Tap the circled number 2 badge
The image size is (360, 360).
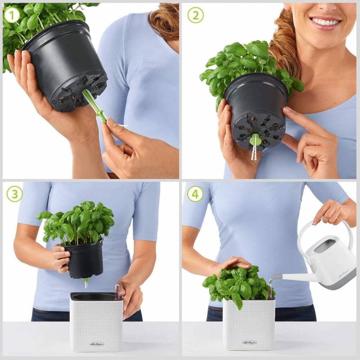click(195, 15)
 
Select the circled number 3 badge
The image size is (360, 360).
click(14, 194)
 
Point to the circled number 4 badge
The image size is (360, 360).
click(195, 194)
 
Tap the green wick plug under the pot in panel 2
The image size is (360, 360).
click(255, 140)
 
